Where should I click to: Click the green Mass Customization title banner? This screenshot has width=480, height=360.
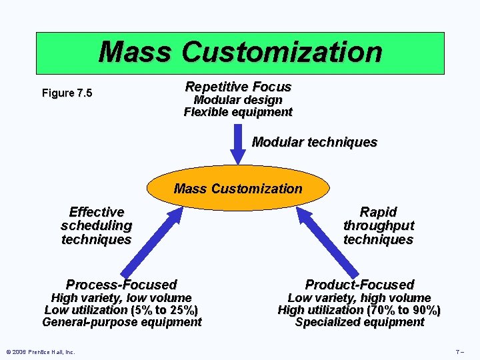[x=240, y=52]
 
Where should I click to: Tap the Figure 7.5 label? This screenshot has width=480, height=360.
[x=67, y=93]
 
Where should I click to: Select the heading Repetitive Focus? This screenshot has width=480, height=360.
[x=238, y=87]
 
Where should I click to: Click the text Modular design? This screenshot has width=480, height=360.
[x=238, y=100]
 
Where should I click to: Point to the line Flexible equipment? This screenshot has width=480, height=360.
[x=238, y=112]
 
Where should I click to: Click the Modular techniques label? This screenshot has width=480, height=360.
[x=314, y=142]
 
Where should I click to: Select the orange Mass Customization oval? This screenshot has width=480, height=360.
[x=238, y=189]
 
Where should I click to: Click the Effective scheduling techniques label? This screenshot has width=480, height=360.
[x=96, y=226]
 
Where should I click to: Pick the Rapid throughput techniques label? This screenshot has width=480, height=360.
[x=378, y=226]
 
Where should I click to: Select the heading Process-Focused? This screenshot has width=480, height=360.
[x=121, y=285]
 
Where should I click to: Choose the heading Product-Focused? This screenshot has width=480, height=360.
[x=359, y=285]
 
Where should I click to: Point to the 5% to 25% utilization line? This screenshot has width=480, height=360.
[x=121, y=310]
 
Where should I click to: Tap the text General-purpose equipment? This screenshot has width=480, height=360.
[x=121, y=322]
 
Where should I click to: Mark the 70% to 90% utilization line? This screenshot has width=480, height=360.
[x=359, y=310]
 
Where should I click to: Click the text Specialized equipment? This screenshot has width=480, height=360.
[x=359, y=322]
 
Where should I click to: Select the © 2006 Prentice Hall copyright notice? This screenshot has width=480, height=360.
[x=40, y=351]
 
